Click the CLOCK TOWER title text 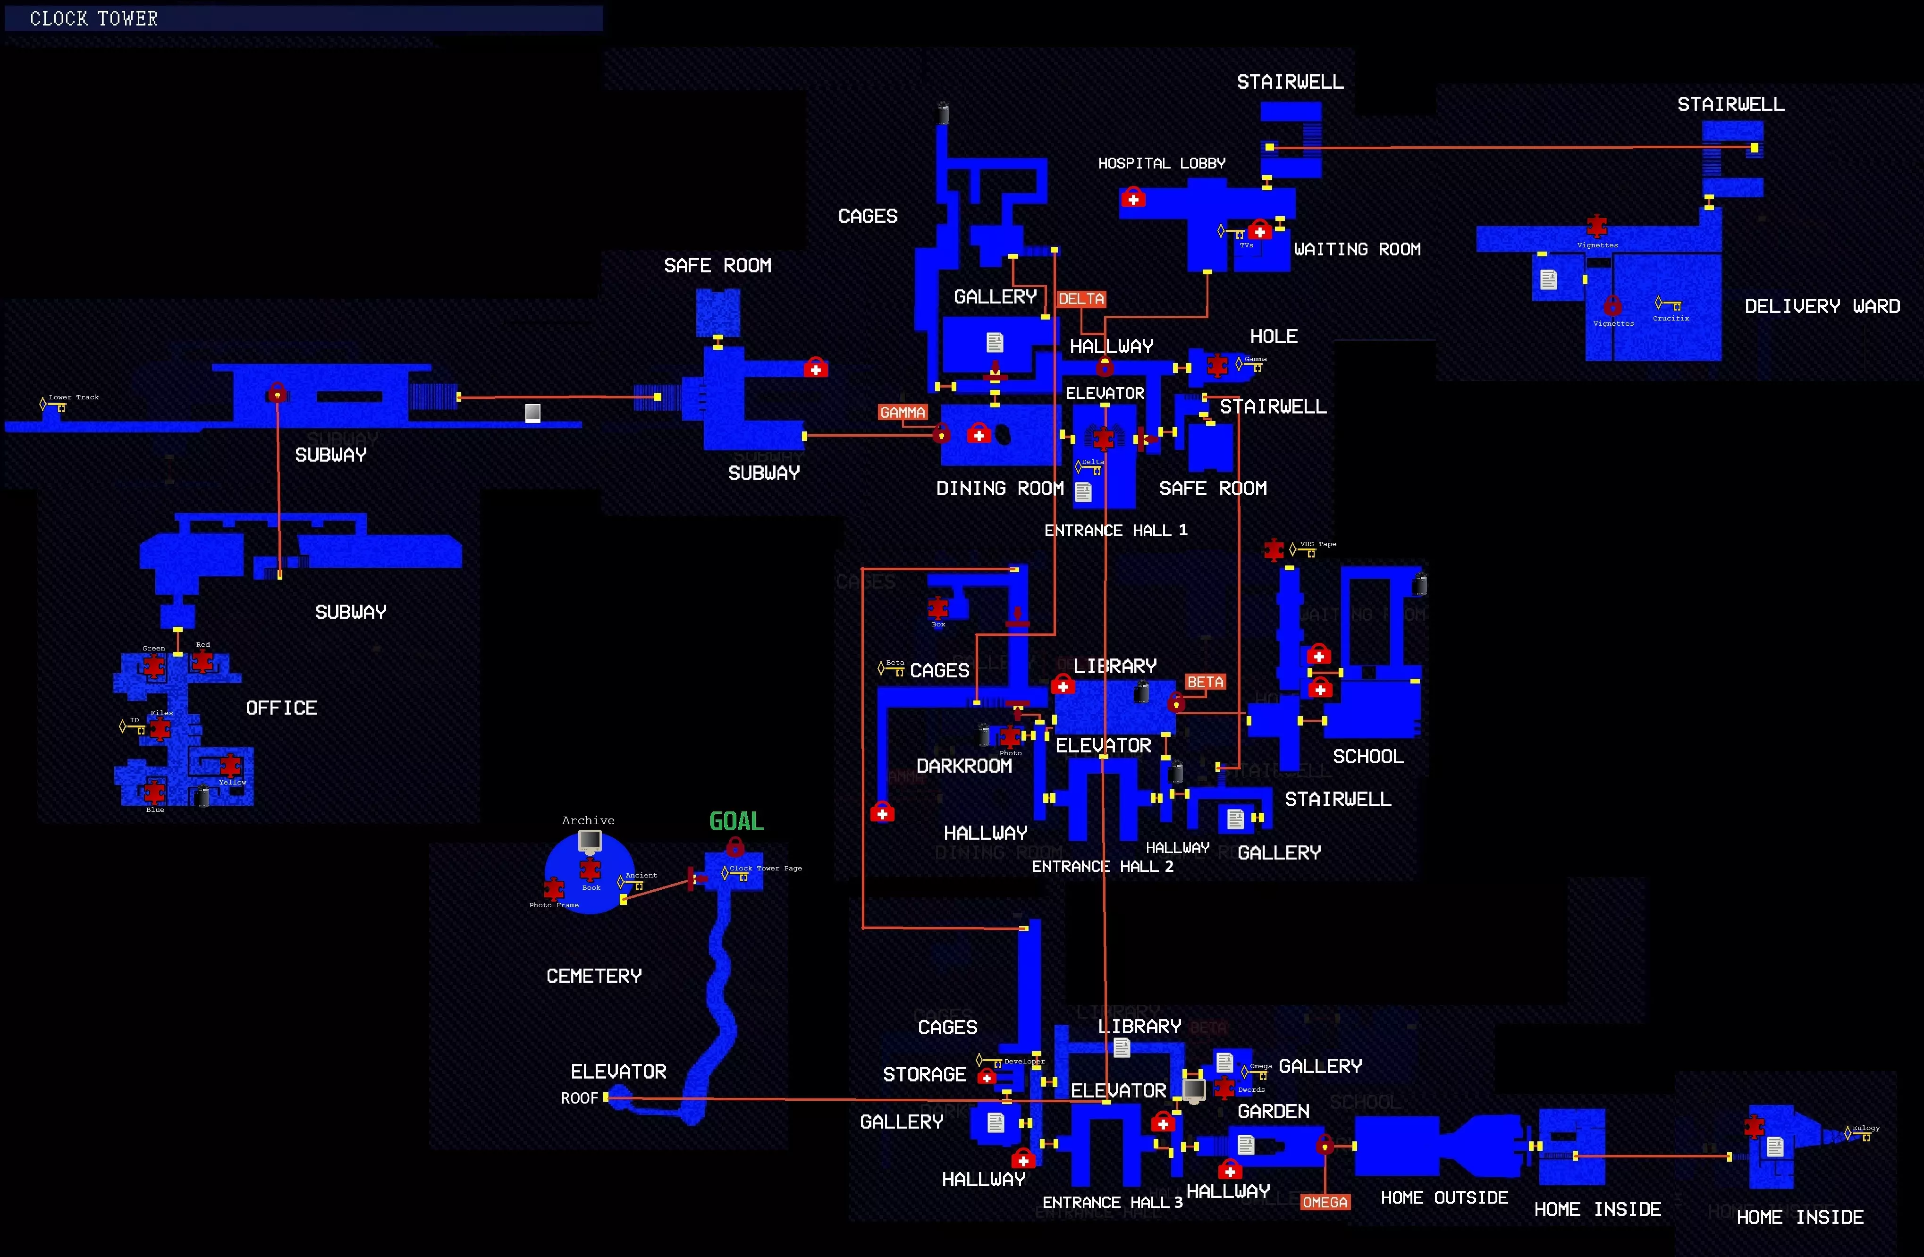(94, 18)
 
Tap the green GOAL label (735, 821)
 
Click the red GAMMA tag (902, 412)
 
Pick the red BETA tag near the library (1205, 682)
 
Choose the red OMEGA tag (1325, 1202)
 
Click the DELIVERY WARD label (1822, 306)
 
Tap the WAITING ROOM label (1357, 249)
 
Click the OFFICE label (281, 708)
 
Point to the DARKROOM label (963, 766)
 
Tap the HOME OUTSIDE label (1444, 1197)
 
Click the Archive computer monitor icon (589, 841)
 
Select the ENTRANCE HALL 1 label (1115, 530)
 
